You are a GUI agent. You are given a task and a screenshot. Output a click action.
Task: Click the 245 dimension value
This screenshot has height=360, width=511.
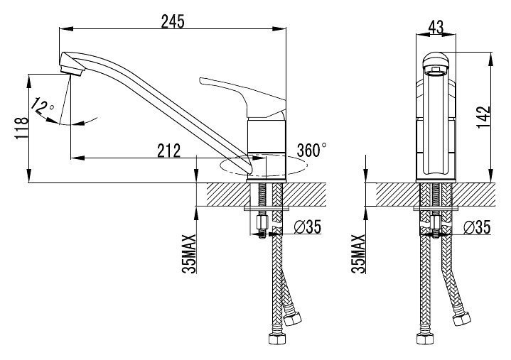(173, 21)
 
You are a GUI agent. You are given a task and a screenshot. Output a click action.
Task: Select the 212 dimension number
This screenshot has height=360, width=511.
(169, 151)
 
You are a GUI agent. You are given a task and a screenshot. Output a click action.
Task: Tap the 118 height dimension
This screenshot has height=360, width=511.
(22, 129)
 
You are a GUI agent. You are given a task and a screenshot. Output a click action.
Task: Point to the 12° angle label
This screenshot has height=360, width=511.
(43, 106)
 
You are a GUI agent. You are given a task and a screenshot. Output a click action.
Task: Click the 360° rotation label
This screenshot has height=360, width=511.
(311, 150)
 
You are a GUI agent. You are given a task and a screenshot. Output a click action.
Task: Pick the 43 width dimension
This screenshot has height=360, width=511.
(436, 28)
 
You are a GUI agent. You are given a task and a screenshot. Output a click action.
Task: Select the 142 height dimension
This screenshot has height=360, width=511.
(484, 117)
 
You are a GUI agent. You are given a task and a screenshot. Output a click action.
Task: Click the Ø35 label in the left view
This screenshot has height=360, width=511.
(308, 227)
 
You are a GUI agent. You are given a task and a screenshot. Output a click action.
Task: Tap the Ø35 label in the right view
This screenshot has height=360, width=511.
(477, 227)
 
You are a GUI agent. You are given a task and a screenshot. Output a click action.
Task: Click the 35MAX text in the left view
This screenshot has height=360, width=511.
(189, 254)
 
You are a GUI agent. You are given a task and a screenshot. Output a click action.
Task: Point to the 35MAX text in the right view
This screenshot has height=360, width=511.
(358, 254)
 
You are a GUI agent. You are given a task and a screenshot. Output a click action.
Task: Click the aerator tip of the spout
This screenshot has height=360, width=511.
(72, 70)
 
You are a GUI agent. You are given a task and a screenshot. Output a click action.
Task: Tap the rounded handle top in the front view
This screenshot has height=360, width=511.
(436, 61)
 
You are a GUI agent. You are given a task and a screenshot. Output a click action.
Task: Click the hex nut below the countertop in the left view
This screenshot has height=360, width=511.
(262, 222)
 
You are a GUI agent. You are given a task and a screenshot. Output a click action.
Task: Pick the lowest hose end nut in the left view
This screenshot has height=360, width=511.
(277, 339)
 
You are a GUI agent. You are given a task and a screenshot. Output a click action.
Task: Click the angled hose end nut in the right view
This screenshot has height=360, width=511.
(462, 319)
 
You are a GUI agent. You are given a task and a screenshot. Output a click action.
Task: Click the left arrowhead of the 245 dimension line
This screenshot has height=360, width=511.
(65, 29)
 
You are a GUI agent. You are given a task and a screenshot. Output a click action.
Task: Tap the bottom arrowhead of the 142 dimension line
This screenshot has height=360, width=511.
(490, 176)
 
